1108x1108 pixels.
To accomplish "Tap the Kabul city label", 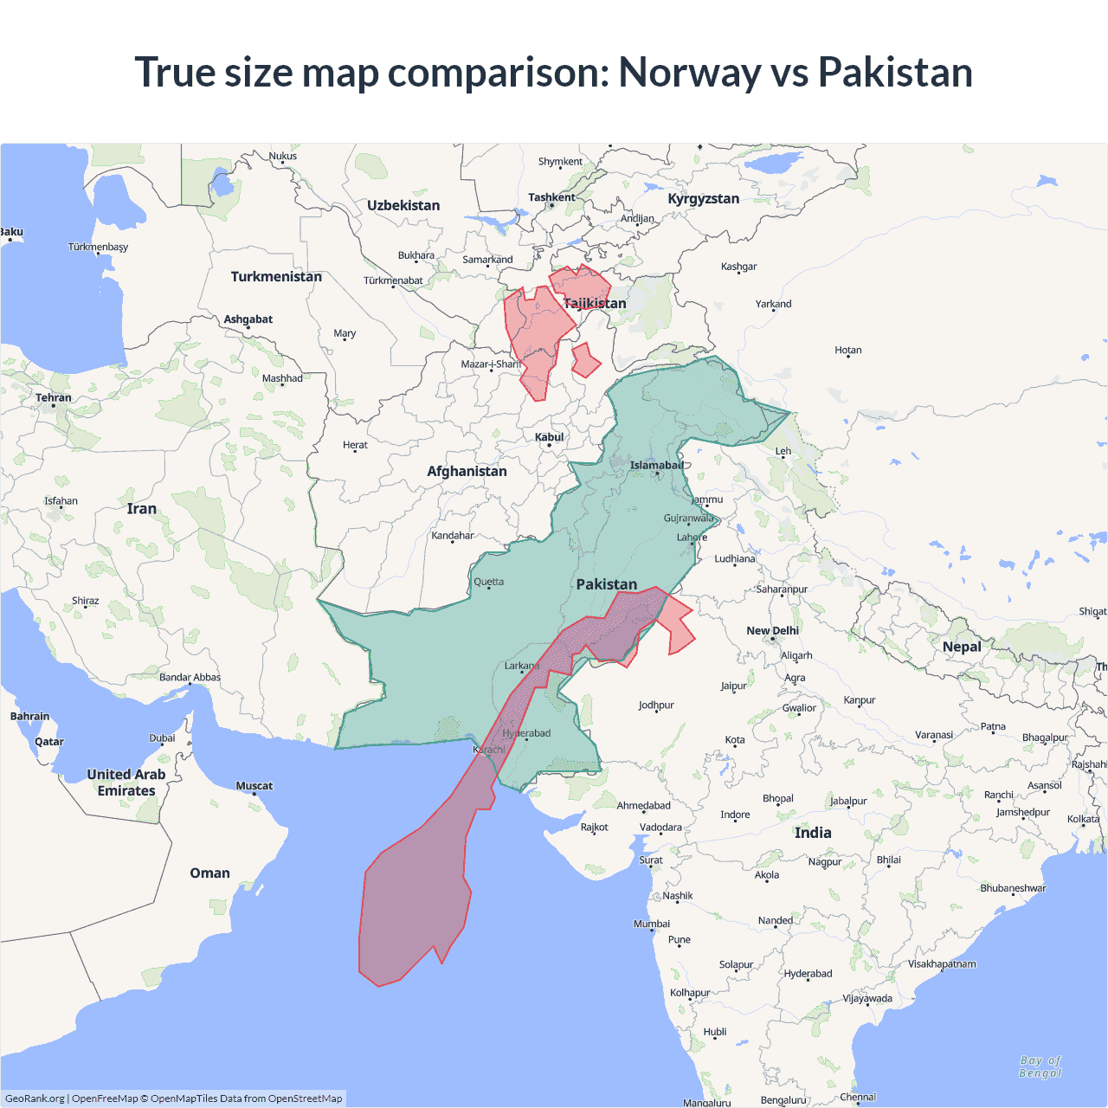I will pos(549,437).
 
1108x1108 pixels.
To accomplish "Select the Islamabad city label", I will pos(656,466).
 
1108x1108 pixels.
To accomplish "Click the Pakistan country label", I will pos(606,584).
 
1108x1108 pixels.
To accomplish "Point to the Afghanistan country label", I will pos(467,471).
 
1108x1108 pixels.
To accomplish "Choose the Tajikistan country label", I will pos(595,303).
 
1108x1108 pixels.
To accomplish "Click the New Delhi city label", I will pos(772,630).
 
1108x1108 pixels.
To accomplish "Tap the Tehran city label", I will pos(54,398).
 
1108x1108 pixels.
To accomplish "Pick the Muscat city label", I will pos(254,786).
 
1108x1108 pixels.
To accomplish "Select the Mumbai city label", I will pos(651,924).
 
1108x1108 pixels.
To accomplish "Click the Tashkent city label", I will pos(551,197).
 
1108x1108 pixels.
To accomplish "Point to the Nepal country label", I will pos(962,647).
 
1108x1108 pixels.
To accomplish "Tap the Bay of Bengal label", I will pos(1040,1066).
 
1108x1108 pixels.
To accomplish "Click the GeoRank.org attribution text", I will pos(35,1098).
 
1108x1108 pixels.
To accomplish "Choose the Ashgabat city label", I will pos(248,319).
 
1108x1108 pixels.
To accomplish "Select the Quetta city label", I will pos(488,582).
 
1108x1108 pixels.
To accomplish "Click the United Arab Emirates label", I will pos(126,783).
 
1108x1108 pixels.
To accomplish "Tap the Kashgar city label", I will pos(738,267).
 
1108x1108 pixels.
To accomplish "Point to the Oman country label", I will pos(209,873).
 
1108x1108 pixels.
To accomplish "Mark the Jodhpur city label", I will pos(655,705).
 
